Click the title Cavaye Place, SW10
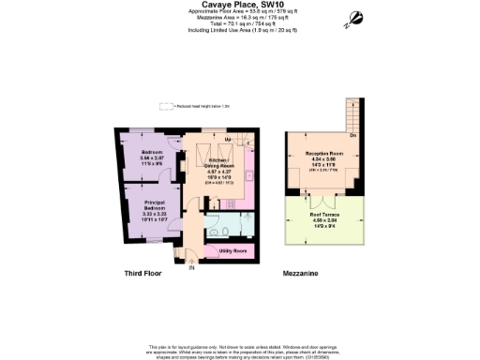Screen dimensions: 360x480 pos(239,5)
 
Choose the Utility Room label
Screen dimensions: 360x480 pos(232,251)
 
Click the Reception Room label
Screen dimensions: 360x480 pos(322,155)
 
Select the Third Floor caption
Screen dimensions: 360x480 pos(145,274)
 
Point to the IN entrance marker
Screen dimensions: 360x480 pos(192,267)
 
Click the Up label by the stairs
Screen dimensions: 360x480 pos(201,139)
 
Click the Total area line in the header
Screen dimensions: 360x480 pos(239,24)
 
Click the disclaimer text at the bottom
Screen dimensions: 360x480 pos(240,351)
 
